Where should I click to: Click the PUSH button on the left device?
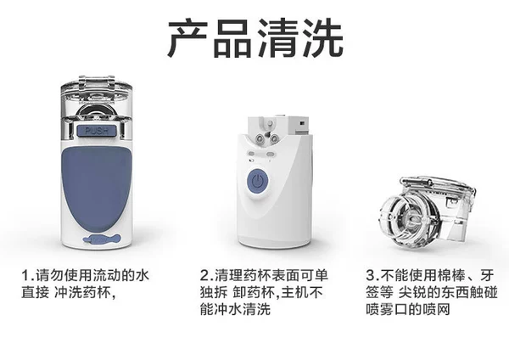(x=97, y=131)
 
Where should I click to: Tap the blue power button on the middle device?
(x=257, y=180)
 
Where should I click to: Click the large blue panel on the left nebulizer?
(x=97, y=187)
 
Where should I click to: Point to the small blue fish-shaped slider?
(x=102, y=239)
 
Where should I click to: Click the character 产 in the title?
(x=188, y=38)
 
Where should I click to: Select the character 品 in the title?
(x=232, y=38)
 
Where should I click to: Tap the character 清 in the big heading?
(x=277, y=38)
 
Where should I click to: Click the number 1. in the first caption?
(x=28, y=276)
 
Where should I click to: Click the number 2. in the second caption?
(x=207, y=276)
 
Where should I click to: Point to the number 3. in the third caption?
(x=372, y=276)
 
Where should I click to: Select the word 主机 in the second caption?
(x=294, y=292)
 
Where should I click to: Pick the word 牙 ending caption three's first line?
(x=487, y=276)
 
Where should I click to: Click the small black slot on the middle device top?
(x=302, y=123)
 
